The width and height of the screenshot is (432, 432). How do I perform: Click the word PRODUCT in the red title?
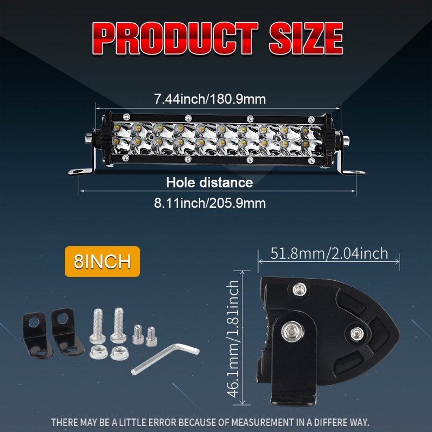pos(175,38)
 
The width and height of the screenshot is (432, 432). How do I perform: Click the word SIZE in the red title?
pos(306,38)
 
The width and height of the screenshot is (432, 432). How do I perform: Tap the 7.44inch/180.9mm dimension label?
pos(210,99)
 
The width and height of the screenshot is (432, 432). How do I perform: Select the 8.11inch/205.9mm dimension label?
pos(210,204)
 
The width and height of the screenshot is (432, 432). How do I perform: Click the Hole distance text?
pos(210,183)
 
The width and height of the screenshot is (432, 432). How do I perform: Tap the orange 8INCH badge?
pos(102,261)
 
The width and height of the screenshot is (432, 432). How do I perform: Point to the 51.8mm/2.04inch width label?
pos(329,253)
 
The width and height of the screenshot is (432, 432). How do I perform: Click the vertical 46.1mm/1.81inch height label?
pos(233,339)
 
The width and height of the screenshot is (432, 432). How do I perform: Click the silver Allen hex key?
pos(165,358)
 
